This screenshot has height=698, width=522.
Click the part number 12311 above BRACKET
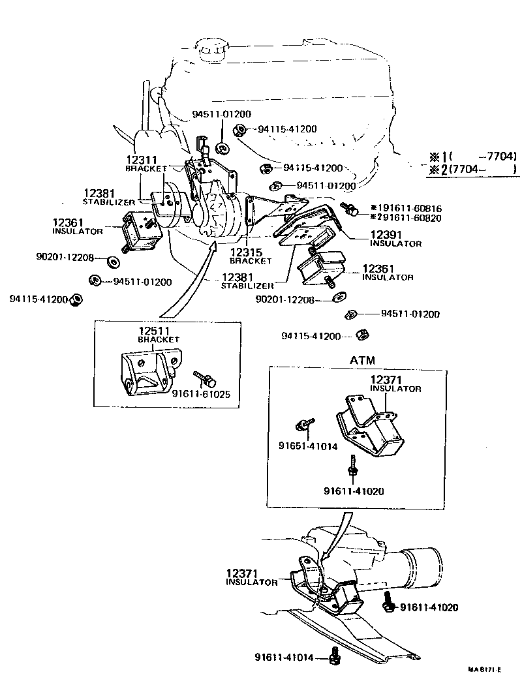coord(142,159)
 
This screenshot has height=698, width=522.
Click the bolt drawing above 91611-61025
coord(202,378)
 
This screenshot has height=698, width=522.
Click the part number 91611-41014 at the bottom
coord(290,657)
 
